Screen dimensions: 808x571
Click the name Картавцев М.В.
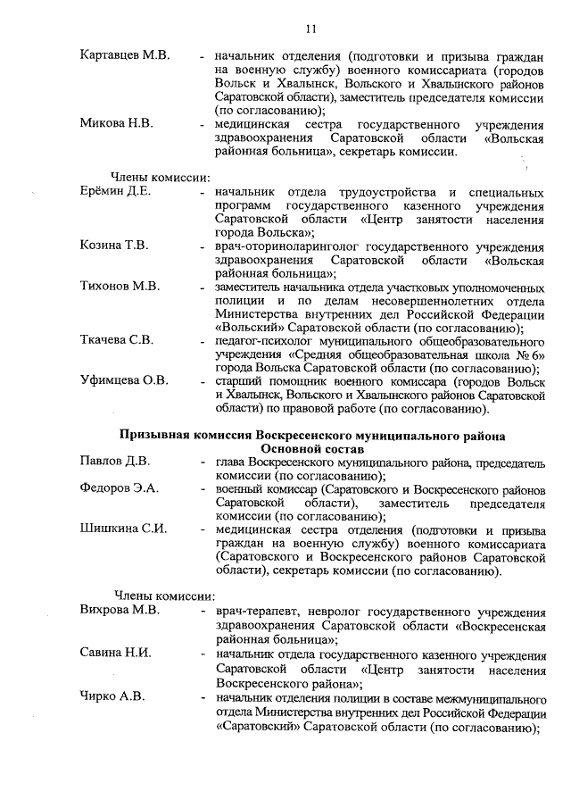(x=124, y=55)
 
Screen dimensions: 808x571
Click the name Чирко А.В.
(x=112, y=696)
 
